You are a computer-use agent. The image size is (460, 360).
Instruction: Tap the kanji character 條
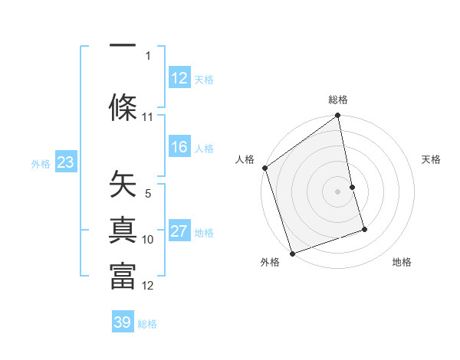[x=123, y=106]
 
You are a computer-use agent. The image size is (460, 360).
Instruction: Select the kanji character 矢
[x=123, y=184]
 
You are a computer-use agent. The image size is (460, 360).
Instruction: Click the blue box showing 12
[x=179, y=78]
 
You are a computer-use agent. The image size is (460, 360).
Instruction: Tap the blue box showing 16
[x=179, y=148]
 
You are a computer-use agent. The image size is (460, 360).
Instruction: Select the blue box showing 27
[x=179, y=232]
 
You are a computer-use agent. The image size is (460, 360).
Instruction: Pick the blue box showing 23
[x=65, y=162]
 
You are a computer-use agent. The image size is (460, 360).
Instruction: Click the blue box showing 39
[x=123, y=322]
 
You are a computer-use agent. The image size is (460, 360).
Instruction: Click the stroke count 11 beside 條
[x=148, y=117]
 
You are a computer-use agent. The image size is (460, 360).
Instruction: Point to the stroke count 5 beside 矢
[x=148, y=194]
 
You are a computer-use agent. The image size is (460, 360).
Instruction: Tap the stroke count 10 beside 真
[x=148, y=240]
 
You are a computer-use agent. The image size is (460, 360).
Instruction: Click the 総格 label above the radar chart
[x=338, y=100]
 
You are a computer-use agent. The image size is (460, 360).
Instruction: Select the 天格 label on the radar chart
[x=432, y=159]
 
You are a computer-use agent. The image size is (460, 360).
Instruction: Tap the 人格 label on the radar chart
[x=245, y=159]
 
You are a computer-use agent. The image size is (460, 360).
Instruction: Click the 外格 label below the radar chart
[x=270, y=263]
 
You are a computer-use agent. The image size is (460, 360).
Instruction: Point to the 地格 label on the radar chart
[x=402, y=263]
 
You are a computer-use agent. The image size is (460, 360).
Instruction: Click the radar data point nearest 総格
[x=338, y=116]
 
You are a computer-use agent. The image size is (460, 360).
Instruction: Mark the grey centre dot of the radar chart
[x=338, y=191]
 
